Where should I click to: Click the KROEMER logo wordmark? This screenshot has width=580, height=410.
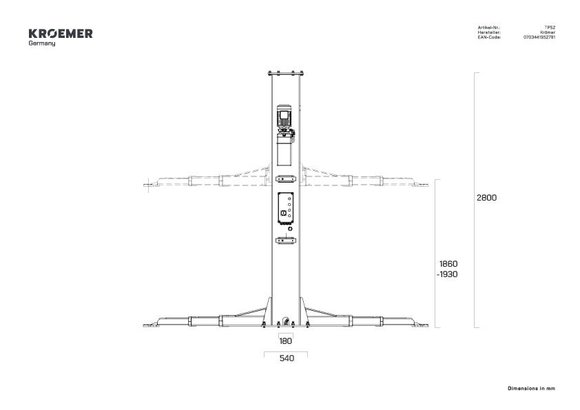click(x=61, y=33)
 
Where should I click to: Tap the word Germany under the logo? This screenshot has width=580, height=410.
click(x=42, y=43)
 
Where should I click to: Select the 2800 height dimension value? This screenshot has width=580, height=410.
click(x=486, y=197)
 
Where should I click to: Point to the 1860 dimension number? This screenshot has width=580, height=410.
click(x=448, y=264)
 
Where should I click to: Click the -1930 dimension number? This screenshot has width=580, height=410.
click(x=446, y=275)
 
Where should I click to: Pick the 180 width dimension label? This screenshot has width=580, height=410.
click(x=285, y=340)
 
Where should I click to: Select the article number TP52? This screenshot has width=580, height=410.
click(x=550, y=28)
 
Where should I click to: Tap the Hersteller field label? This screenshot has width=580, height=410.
click(x=488, y=32)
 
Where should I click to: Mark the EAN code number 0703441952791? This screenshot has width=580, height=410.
click(x=539, y=37)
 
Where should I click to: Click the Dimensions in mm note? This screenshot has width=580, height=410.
click(x=531, y=389)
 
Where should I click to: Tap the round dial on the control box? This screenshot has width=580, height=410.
click(x=283, y=214)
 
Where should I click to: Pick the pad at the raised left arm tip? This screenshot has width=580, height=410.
click(x=149, y=184)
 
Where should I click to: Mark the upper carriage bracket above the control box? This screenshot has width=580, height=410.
click(x=285, y=178)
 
